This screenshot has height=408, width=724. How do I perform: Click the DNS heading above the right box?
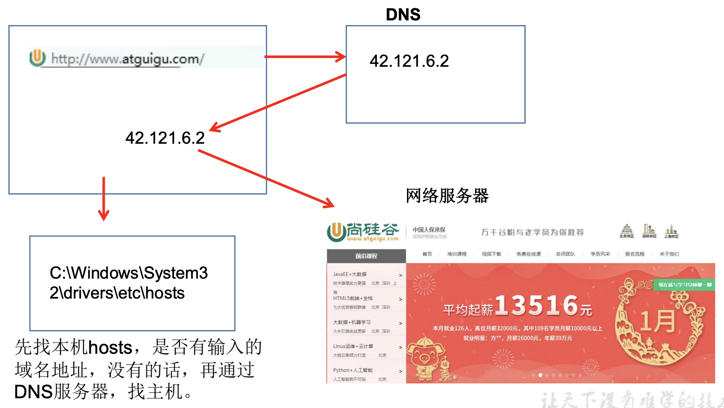pyautogui.click(x=403, y=15)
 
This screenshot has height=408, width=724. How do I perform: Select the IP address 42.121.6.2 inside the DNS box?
pyautogui.click(x=409, y=61)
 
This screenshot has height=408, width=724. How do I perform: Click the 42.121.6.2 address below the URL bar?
pyautogui.click(x=165, y=138)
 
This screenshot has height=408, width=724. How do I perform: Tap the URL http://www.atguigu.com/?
pyautogui.click(x=127, y=59)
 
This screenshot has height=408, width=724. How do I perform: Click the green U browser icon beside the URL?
pyautogui.click(x=38, y=58)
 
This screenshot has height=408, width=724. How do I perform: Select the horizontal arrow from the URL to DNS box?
pyautogui.click(x=305, y=57)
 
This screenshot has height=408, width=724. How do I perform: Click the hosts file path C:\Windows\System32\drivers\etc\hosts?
pyautogui.click(x=128, y=283)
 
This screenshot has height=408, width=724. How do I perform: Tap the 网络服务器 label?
pyautogui.click(x=447, y=196)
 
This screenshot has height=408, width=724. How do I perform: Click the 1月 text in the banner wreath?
pyautogui.click(x=657, y=321)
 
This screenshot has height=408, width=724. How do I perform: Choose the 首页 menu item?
pyautogui.click(x=427, y=254)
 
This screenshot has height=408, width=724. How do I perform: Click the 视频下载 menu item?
pyautogui.click(x=491, y=254)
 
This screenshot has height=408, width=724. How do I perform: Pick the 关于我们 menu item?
pyautogui.click(x=669, y=254)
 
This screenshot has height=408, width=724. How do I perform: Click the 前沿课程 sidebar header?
pyautogui.click(x=366, y=256)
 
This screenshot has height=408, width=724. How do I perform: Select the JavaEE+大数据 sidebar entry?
pyautogui.click(x=350, y=274)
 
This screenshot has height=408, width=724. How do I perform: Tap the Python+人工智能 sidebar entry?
pyautogui.click(x=353, y=370)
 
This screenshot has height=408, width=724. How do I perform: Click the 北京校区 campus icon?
pyautogui.click(x=627, y=231)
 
